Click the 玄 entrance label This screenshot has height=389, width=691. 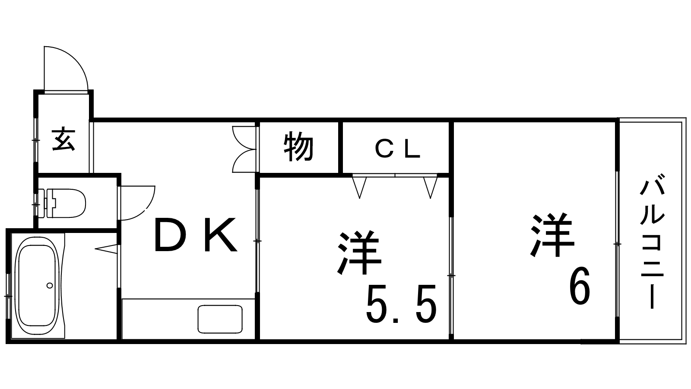tap(64, 139)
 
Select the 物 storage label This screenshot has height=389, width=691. tap(298, 147)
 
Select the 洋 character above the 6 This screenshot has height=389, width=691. tap(552, 234)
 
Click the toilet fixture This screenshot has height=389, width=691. tap(62, 204)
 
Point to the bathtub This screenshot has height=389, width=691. tap(37, 286)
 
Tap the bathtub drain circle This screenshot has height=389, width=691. tap(50, 286)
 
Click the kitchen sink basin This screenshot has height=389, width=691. tap(220, 319)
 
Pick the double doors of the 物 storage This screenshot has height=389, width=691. tap(244, 150)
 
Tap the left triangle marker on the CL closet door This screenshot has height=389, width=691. tap(359, 187)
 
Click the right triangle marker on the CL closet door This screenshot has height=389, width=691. tap(430, 187)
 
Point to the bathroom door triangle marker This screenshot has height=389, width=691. tap(106, 249)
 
